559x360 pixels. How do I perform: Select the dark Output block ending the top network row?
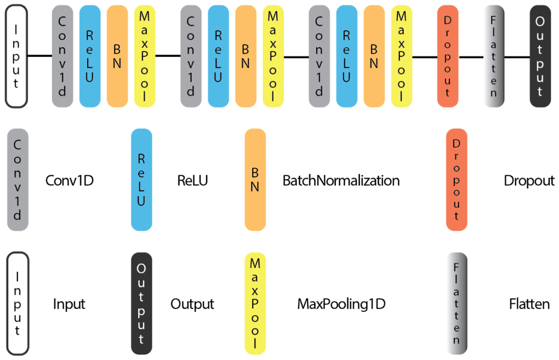click(x=540, y=56)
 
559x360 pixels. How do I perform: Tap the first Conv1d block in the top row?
click(x=62, y=56)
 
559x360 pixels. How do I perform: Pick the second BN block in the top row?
click(x=246, y=56)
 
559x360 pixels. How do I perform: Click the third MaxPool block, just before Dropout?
click(x=401, y=56)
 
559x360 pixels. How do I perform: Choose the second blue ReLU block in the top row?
click(x=218, y=56)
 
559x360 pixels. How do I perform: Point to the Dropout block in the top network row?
click(x=448, y=56)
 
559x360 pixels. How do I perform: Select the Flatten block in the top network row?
click(x=494, y=56)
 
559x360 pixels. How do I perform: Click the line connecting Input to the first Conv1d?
click(x=39, y=56)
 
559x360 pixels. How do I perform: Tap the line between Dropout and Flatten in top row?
click(x=471, y=56)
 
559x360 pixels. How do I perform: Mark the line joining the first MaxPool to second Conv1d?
click(x=168, y=56)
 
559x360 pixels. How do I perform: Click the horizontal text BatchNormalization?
click(x=341, y=180)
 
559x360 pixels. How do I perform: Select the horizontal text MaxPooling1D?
click(x=341, y=304)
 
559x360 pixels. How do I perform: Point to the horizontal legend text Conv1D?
click(x=70, y=180)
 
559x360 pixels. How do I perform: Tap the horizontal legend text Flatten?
click(x=529, y=304)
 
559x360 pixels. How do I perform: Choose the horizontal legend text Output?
click(x=192, y=304)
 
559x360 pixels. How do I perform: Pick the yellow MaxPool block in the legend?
click(x=255, y=304)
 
